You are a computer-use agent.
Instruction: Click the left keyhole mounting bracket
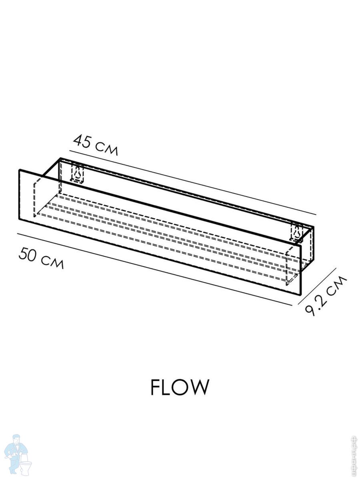coord(77,172)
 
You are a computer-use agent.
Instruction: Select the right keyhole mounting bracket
coord(297,232)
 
